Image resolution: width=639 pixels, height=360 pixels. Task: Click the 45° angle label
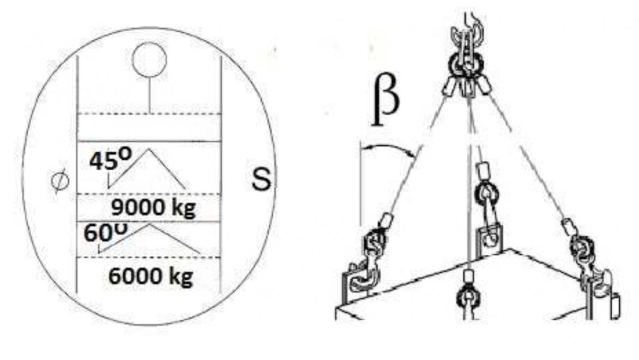click(111, 159)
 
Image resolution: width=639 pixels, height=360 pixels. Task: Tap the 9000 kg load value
click(153, 208)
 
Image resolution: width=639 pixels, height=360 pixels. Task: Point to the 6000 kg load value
click(151, 277)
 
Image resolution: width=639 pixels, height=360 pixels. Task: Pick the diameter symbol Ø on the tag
click(60, 182)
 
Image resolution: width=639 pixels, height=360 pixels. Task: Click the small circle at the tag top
click(149, 59)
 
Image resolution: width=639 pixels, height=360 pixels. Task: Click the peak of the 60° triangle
click(149, 225)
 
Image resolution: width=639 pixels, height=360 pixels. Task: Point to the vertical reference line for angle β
click(360, 183)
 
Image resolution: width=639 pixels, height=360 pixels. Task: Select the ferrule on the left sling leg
click(385, 220)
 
